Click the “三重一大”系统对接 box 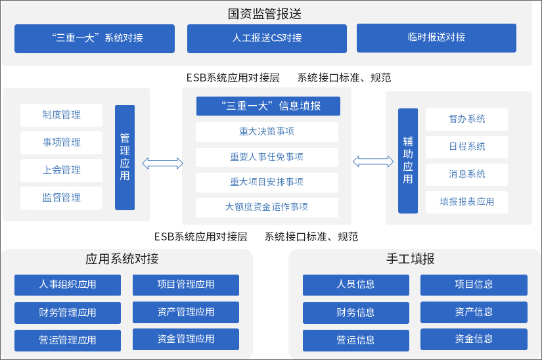pyautogui.click(x=95, y=38)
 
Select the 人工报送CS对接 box pyautogui.click(x=267, y=38)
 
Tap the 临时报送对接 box pyautogui.click(x=436, y=37)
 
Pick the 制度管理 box pyautogui.click(x=62, y=115)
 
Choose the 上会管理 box pyautogui.click(x=62, y=170)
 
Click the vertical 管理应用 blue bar pyautogui.click(x=125, y=158)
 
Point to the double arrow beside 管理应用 pyautogui.click(x=163, y=163)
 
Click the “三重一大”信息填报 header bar pyautogui.click(x=268, y=106)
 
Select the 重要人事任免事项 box pyautogui.click(x=267, y=157)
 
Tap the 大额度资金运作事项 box pyautogui.click(x=267, y=207)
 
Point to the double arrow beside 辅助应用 pyautogui.click(x=373, y=161)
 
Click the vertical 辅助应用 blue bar pyautogui.click(x=408, y=160)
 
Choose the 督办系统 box pyautogui.click(x=467, y=119)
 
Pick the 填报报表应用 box pyautogui.click(x=467, y=202)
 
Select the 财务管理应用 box pyautogui.click(x=68, y=313)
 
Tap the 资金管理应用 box pyautogui.click(x=186, y=339)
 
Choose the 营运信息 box pyautogui.click(x=356, y=340)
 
